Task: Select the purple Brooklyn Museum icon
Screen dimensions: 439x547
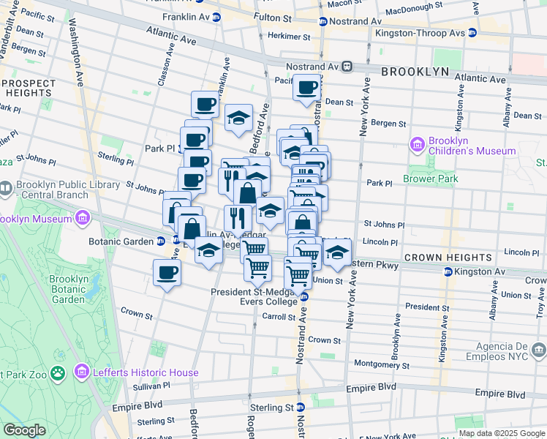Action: (82, 219)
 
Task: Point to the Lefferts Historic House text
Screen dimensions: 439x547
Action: (145, 372)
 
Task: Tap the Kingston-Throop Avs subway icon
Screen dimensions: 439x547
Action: (472, 33)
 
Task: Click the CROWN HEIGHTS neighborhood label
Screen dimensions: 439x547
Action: (448, 258)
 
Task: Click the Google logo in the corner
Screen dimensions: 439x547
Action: (24, 430)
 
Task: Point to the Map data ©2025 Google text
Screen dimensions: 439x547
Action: (502, 434)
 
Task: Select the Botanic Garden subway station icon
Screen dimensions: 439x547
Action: (159, 241)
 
